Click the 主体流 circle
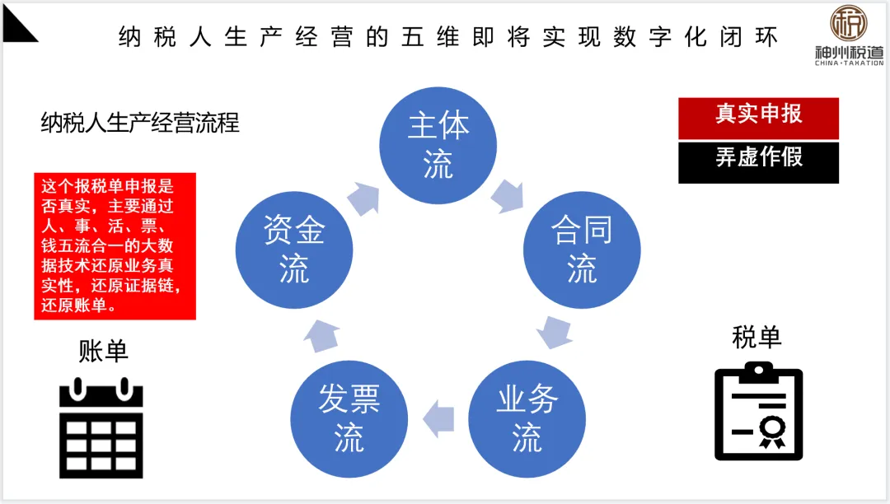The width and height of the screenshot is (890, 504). [438, 144]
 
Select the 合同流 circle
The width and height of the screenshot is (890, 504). [582, 250]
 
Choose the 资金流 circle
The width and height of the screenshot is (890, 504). [294, 250]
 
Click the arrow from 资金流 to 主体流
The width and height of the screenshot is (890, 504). [363, 196]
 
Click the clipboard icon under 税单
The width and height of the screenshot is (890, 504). [757, 409]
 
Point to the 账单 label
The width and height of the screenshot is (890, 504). [104, 352]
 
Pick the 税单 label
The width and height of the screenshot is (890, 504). [756, 337]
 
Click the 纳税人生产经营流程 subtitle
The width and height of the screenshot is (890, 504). [140, 124]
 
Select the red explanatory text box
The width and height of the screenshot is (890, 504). [115, 245]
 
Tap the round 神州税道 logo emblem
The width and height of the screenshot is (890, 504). [848, 25]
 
